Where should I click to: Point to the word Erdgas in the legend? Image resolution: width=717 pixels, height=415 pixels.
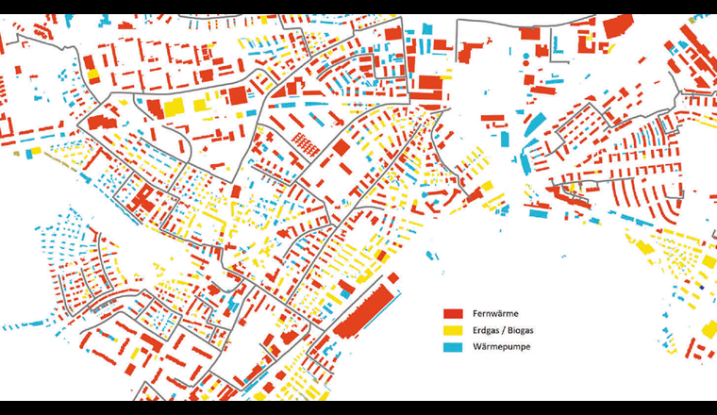485,330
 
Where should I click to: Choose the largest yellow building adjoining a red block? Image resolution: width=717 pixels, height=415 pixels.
175,108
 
